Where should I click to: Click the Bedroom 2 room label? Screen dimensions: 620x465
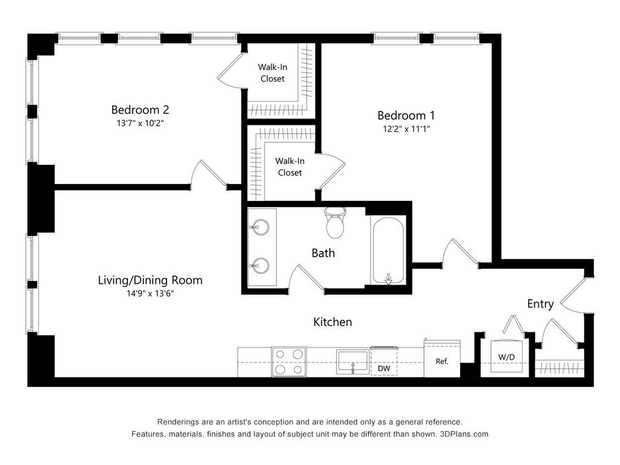(140, 110)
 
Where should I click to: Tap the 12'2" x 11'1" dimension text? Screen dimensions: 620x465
(406, 129)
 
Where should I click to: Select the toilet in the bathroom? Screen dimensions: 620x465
(335, 222)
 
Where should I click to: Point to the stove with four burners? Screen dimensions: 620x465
(289, 362)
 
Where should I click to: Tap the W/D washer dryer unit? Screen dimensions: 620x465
(507, 356)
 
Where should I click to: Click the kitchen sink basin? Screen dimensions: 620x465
(352, 362)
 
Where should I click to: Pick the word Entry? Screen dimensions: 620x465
(540, 304)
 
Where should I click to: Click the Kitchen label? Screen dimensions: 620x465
(332, 322)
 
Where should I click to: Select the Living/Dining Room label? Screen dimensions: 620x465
(150, 280)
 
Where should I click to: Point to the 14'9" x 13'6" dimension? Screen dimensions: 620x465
(150, 294)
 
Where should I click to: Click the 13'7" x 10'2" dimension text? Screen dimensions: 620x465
(140, 123)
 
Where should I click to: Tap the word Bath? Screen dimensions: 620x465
(323, 253)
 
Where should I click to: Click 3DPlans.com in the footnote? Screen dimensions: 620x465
(464, 434)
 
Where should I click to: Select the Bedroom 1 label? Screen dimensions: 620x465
(406, 116)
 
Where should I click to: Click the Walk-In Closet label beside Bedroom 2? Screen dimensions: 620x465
(272, 73)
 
